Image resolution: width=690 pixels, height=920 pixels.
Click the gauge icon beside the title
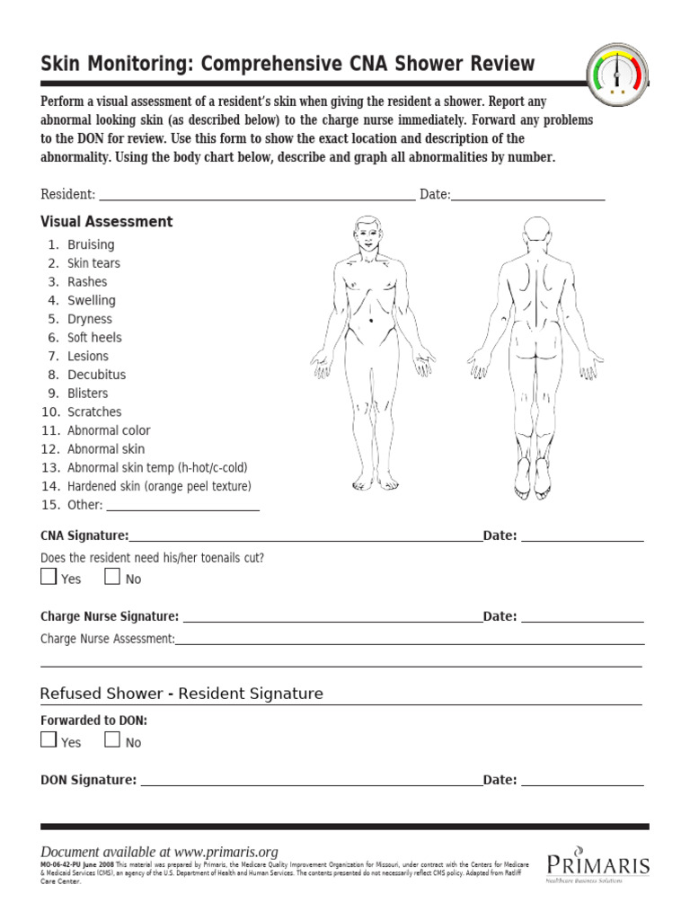617,72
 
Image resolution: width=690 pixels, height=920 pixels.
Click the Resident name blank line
256,197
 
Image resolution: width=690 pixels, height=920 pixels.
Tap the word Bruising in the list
91,244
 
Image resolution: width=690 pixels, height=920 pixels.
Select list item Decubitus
96,375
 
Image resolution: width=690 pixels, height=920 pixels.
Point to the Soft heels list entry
94,338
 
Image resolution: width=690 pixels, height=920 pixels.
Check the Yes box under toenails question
49,578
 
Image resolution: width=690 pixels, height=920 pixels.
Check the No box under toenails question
112,578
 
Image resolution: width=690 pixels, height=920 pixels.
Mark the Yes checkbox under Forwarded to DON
49,740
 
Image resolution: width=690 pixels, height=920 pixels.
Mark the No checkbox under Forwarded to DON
112,740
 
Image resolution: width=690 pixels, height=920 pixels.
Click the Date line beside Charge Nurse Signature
582,619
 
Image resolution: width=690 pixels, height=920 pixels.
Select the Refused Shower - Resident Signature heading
181,694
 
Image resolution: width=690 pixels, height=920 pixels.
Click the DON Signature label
88,780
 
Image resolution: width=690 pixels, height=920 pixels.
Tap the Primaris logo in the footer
597,864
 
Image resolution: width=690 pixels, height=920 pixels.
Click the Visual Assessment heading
106,222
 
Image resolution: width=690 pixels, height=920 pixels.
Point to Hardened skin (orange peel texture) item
159,486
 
